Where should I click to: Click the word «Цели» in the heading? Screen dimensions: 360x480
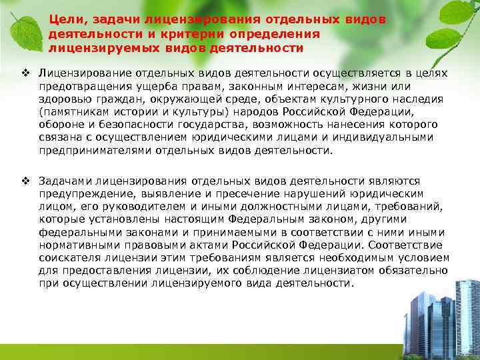click(x=65, y=19)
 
